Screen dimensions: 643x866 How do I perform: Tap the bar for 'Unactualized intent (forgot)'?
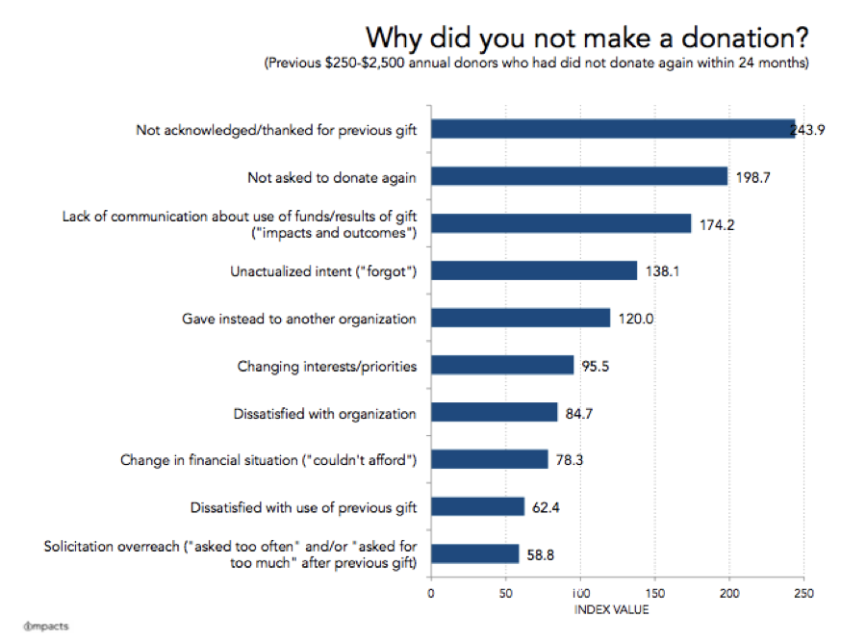[x=534, y=270]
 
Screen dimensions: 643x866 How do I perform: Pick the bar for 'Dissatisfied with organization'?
[x=495, y=412]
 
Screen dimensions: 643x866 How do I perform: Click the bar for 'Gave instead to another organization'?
[x=521, y=318]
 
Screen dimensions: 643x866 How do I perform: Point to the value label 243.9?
[x=808, y=130]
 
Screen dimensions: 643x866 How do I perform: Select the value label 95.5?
[x=600, y=366]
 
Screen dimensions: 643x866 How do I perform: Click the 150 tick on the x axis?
[x=654, y=593]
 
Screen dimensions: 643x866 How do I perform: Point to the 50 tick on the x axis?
[x=505, y=593]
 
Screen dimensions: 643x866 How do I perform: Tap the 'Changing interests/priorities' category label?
[x=326, y=366]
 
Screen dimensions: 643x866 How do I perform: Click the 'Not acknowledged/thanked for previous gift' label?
[x=276, y=129]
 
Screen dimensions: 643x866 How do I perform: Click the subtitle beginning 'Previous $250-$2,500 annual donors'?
[x=538, y=64]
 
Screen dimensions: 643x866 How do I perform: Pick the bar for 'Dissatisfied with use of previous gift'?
[x=478, y=507]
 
